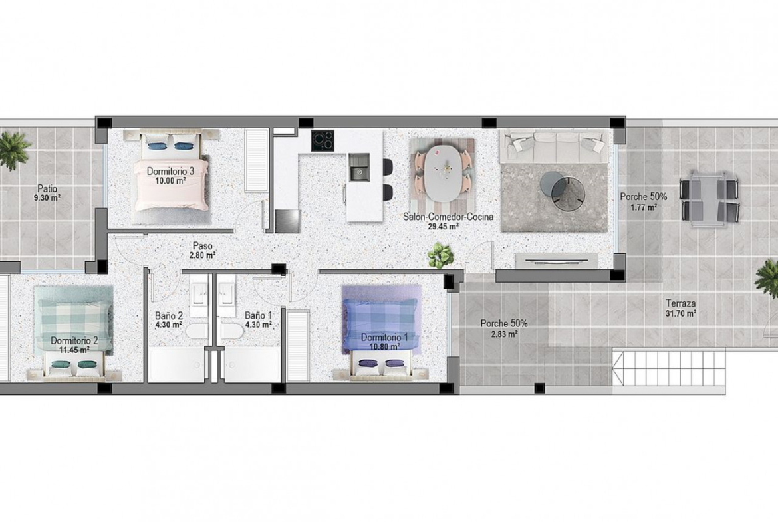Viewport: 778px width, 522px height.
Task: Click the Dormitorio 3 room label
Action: point(170,171)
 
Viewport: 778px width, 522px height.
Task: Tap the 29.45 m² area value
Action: point(443,226)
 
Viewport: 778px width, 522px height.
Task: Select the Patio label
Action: point(47,189)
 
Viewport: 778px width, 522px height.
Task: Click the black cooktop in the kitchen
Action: point(323,140)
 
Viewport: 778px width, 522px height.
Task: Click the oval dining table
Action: point(442,172)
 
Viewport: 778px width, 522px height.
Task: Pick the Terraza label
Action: point(681,303)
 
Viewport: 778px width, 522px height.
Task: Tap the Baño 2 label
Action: point(169,315)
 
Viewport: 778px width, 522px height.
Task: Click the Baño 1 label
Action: point(258,315)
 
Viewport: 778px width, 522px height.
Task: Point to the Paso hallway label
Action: point(203,246)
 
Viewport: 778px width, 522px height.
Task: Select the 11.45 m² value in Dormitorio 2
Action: point(74,350)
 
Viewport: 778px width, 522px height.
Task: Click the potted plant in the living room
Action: point(441,255)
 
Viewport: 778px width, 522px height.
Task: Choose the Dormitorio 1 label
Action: point(384,338)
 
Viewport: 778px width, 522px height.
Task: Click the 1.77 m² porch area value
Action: point(644,207)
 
